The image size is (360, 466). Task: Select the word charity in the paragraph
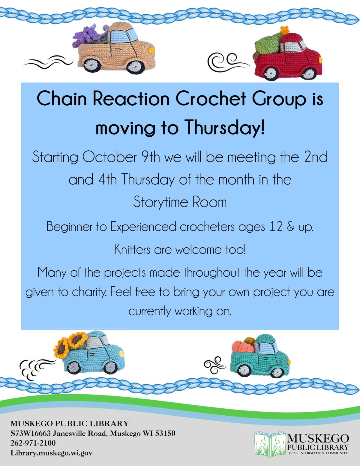click(x=88, y=292)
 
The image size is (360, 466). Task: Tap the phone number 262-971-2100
click(x=33, y=443)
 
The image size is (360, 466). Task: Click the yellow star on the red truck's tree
click(x=283, y=30)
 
